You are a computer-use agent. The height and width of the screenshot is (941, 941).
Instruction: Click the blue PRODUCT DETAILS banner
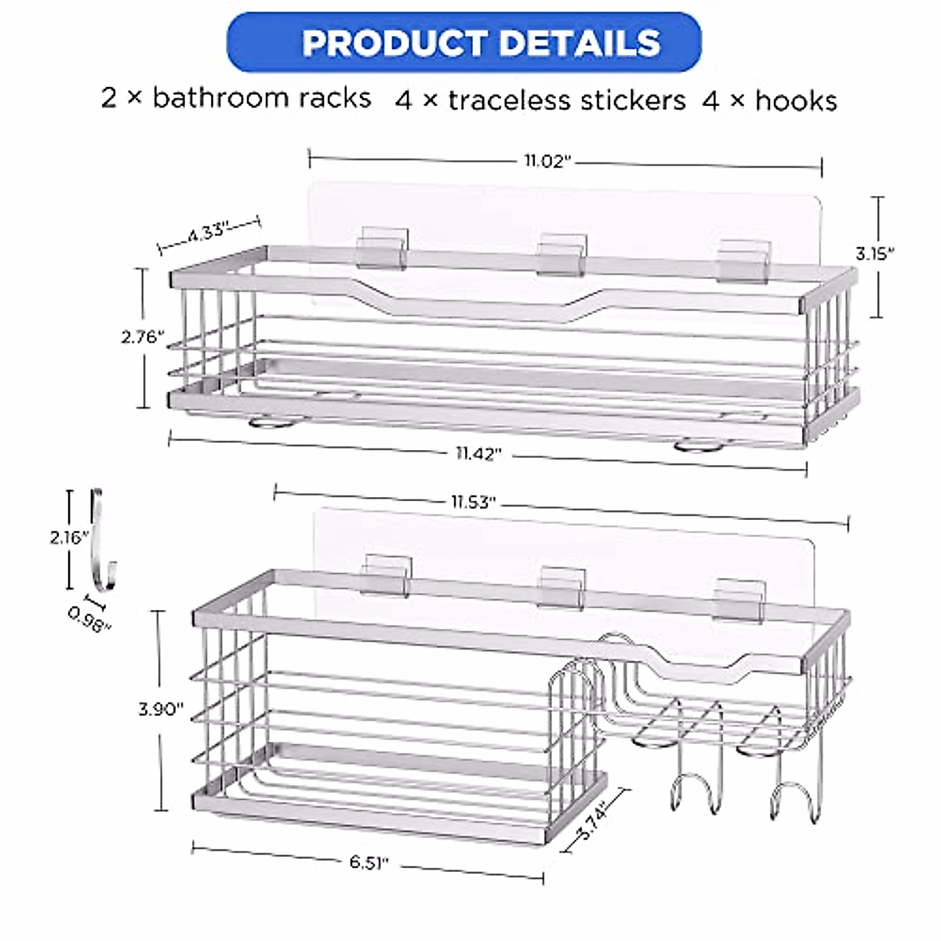(x=463, y=42)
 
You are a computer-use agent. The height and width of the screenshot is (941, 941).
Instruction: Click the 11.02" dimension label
(x=546, y=161)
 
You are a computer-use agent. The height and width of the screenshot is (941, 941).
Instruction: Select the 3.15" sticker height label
(x=876, y=253)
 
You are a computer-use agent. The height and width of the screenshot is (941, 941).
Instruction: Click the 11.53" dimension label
(x=473, y=503)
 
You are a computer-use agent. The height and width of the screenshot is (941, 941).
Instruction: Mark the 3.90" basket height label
(x=161, y=709)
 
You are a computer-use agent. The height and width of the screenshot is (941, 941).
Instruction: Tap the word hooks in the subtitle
(x=793, y=100)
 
